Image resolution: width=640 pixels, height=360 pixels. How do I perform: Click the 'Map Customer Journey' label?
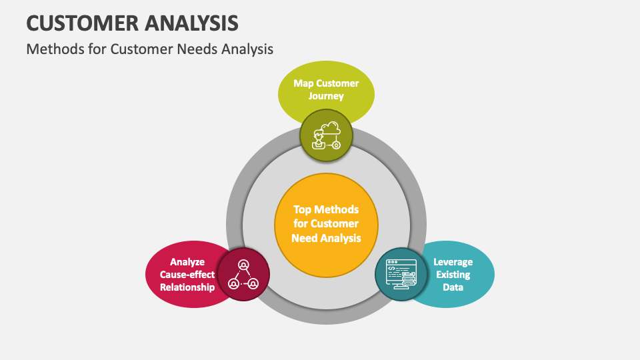[326, 89]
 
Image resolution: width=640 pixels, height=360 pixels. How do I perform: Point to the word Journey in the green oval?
[326, 96]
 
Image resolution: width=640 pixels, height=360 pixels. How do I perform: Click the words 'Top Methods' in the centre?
[326, 209]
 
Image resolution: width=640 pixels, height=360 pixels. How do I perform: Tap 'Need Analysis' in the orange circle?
[326, 238]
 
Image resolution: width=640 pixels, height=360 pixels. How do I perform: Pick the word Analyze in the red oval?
[187, 262]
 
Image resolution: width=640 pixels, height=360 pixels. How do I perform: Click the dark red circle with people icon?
[243, 274]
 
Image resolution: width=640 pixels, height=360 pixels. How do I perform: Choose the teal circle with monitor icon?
[401, 274]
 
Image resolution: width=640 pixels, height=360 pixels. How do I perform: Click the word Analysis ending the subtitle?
[249, 49]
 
